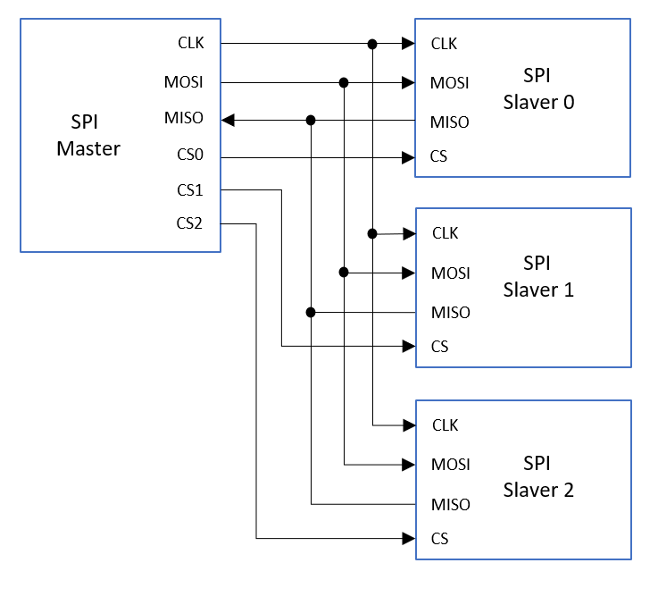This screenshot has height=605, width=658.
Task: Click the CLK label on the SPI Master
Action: (x=190, y=42)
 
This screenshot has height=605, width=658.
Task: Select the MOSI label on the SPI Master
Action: (x=184, y=82)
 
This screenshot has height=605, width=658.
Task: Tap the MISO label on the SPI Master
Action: (x=184, y=118)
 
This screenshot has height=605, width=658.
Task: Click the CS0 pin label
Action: (x=190, y=155)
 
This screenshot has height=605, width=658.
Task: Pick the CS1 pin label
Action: (x=190, y=189)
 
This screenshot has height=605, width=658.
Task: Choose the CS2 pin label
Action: (x=190, y=223)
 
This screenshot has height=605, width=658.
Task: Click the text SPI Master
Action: (x=88, y=136)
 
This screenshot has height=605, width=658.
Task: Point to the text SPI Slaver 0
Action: (x=537, y=89)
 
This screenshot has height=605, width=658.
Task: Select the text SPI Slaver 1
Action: (x=537, y=277)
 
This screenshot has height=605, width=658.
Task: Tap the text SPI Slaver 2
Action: (x=537, y=477)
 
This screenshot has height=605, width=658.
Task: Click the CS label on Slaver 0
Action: (x=438, y=157)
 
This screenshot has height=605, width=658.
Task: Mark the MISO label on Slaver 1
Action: (x=450, y=313)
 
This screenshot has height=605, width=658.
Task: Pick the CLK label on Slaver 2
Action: (x=445, y=425)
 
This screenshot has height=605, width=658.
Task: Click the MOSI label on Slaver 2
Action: (x=450, y=465)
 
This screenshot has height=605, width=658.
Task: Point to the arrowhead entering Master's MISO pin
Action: (x=228, y=119)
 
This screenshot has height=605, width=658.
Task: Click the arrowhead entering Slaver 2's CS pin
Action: (x=409, y=538)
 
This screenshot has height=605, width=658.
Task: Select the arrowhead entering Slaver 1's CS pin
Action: (x=409, y=346)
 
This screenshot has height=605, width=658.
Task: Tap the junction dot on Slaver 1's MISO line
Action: (x=311, y=313)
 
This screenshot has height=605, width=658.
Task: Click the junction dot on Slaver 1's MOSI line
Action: (x=344, y=272)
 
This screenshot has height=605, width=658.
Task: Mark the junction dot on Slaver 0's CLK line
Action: (x=372, y=43)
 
